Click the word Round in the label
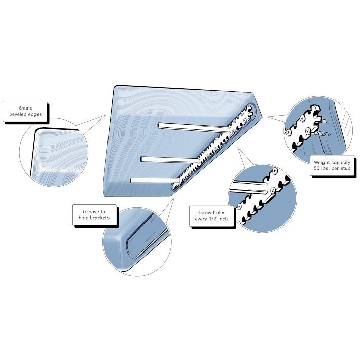pyautogui.click(x=25, y=108)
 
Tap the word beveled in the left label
pyautogui.click(x=18, y=114)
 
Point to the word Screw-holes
pyautogui.click(x=211, y=212)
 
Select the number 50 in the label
pyautogui.click(x=317, y=168)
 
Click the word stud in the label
pyautogui.click(x=346, y=168)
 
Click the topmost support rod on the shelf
pyautogui.click(x=195, y=127)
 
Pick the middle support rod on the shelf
pyautogui.click(x=170, y=160)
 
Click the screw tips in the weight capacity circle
pyautogui.click(x=324, y=127)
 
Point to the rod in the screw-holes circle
pyautogui.click(x=248, y=187)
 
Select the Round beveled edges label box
pyautogui.click(x=25, y=111)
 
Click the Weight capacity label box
pyautogui.click(x=332, y=165)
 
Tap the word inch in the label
pyautogui.click(x=223, y=219)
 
